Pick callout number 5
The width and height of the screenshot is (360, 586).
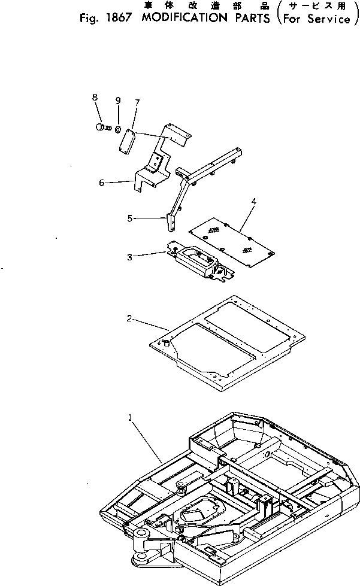pyautogui.click(x=130, y=219)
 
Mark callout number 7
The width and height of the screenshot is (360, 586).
pyautogui.click(x=137, y=103)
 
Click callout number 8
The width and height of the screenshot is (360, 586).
pyautogui.click(x=95, y=97)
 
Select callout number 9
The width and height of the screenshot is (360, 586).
pyautogui.click(x=117, y=99)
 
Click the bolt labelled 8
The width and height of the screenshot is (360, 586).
pyautogui.click(x=101, y=127)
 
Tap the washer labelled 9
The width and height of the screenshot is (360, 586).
pyautogui.click(x=119, y=129)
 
